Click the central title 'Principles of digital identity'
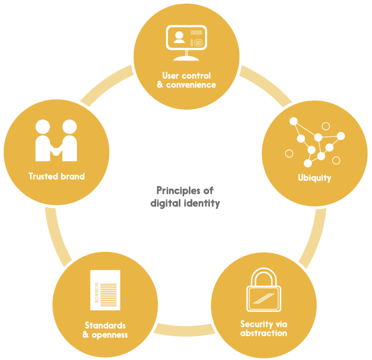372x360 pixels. click(x=185, y=196)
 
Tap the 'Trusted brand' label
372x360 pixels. click(x=57, y=177)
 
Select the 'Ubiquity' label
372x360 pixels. click(x=315, y=178)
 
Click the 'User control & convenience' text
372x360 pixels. click(x=186, y=80)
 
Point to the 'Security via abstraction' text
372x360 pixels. click(x=264, y=328)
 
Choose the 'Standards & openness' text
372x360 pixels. click(x=105, y=329)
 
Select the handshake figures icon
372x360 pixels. click(x=56, y=141)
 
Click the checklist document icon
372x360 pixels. click(x=105, y=290)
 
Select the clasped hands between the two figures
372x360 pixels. click(x=56, y=150)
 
